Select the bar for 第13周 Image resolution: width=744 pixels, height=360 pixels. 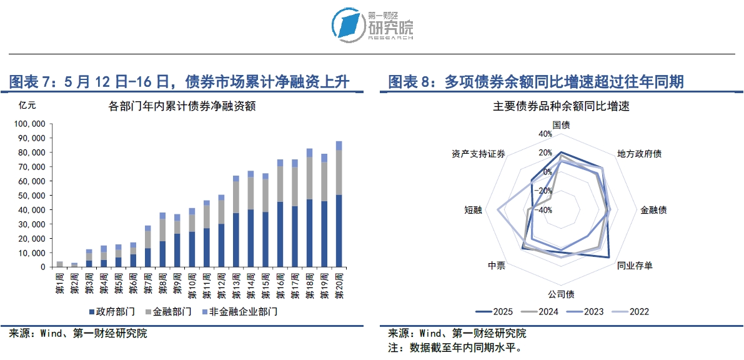[236, 222]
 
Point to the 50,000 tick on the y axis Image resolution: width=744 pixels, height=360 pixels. [31, 196]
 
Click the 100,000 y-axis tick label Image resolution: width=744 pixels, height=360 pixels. [29, 124]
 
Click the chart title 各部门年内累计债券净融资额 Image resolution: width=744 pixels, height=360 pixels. [182, 106]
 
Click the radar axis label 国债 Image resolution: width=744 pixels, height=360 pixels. [561, 124]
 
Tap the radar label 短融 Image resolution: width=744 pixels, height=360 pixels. [473, 210]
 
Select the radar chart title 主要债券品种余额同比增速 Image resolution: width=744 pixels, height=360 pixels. [561, 106]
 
